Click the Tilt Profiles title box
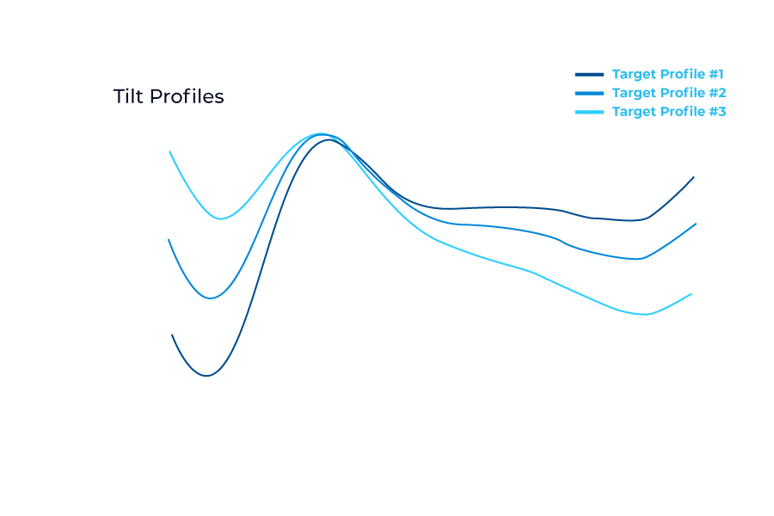169,97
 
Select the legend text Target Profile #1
668,74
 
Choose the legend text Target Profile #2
668,93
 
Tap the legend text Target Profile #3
668,112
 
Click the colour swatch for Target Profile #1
589,74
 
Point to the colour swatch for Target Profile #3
589,112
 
